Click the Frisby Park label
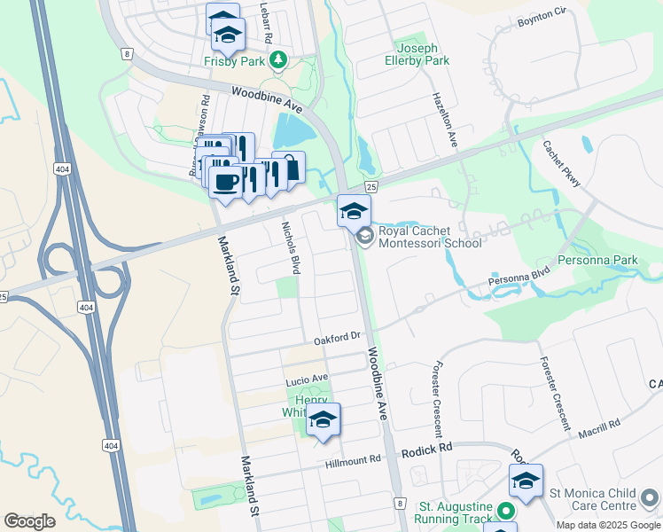(235, 61)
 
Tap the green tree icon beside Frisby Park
(279, 60)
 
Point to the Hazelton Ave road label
(444, 120)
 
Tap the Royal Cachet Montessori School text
(429, 237)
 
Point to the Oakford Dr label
(339, 337)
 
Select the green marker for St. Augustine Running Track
(506, 511)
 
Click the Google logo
(29, 520)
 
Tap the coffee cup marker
(225, 181)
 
